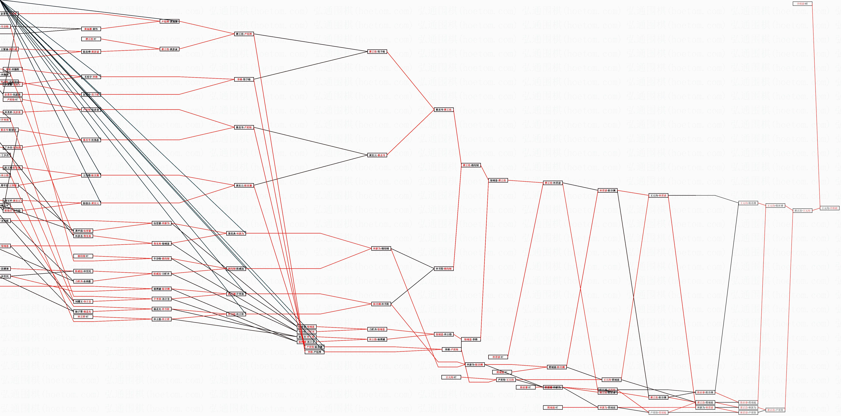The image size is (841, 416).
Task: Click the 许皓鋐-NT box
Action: pyautogui.click(x=802, y=4)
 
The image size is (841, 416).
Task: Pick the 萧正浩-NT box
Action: pyautogui.click(x=91, y=39)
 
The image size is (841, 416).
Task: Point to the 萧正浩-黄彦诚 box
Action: pyautogui.click(x=169, y=49)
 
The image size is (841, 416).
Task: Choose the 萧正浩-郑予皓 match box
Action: pyautogui.click(x=377, y=52)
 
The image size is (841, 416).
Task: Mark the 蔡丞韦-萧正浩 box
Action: pyautogui.click(x=444, y=110)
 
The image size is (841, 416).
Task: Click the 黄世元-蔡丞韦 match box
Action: pyautogui.click(x=377, y=155)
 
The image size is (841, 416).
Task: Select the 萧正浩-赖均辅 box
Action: pyautogui.click(x=471, y=165)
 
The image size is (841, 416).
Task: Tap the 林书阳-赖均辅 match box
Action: pyautogui.click(x=444, y=269)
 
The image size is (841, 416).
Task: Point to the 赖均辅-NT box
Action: pyautogui.click(x=83, y=256)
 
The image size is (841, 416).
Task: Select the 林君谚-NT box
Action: pyautogui.click(x=498, y=357)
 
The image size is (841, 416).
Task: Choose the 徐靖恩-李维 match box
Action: pyautogui.click(x=471, y=340)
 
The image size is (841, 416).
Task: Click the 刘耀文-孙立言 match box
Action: pyautogui.click(x=83, y=301)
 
